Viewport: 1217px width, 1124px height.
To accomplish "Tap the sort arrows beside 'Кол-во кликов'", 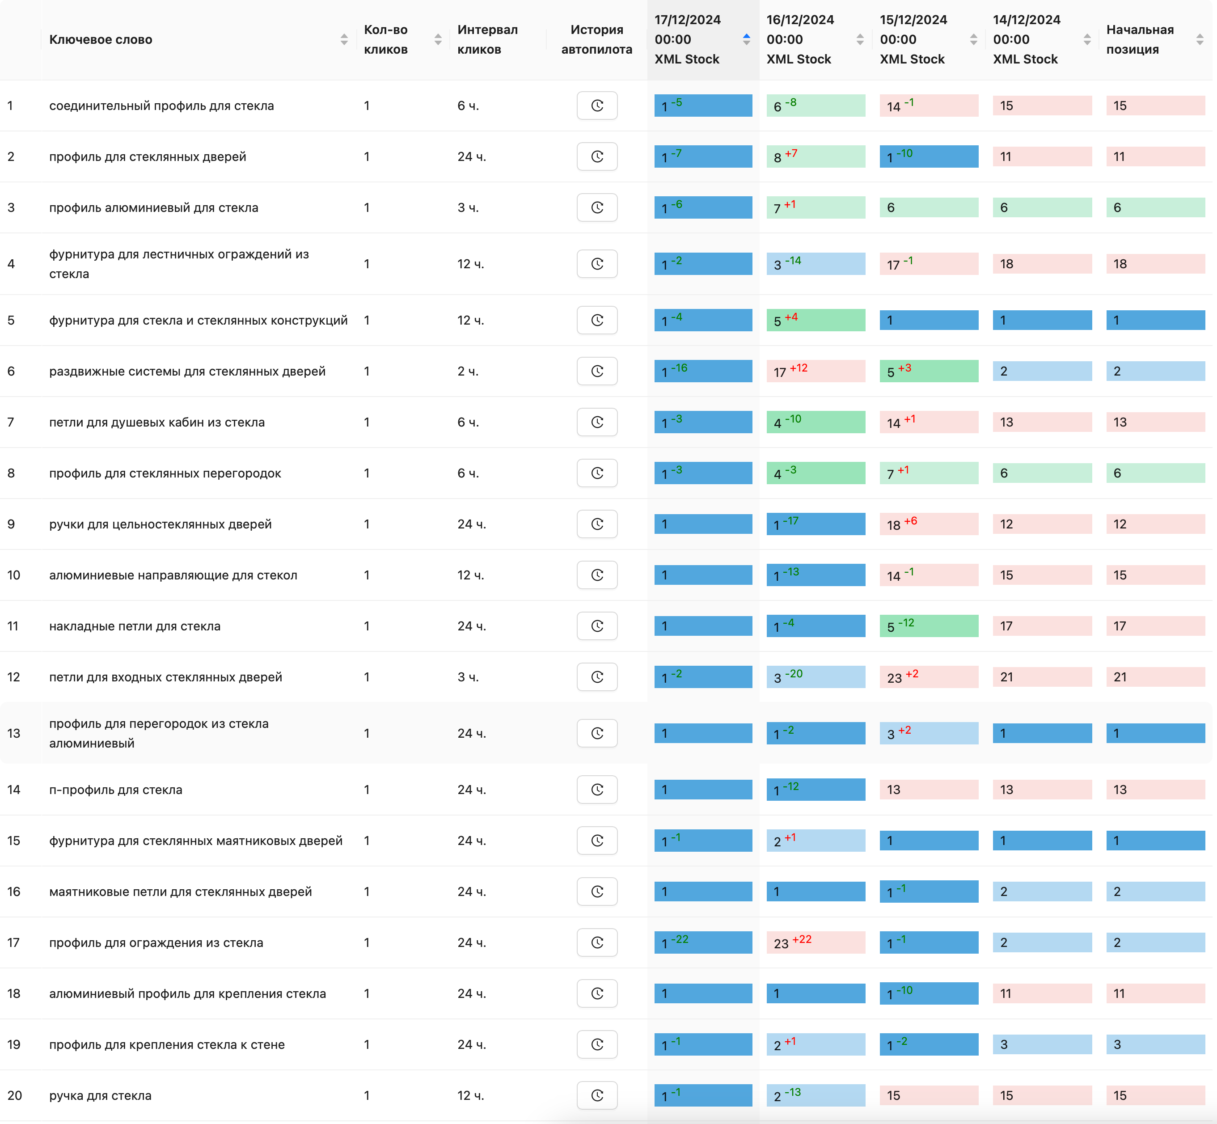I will tap(438, 39).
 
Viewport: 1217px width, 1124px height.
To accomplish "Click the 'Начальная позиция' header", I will tap(1139, 39).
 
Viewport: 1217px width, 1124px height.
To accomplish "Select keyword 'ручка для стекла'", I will tap(100, 1095).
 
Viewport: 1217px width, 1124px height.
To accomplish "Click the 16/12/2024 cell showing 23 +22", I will tap(815, 943).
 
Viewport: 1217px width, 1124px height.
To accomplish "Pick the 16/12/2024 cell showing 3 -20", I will tap(815, 677).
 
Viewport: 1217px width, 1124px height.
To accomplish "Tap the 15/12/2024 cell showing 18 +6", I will tap(928, 524).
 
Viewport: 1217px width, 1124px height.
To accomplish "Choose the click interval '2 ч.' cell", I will tap(468, 371).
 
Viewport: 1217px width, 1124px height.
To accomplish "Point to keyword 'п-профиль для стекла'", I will tap(115, 790).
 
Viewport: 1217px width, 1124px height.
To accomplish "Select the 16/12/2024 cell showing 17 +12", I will tap(815, 371).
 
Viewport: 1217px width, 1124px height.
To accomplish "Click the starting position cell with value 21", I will tap(1155, 677).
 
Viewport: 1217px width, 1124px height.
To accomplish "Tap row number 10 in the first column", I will tap(13, 575).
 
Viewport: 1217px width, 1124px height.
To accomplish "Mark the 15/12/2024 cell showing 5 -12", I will tap(928, 626).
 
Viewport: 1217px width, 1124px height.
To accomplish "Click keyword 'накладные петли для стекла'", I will tap(135, 626).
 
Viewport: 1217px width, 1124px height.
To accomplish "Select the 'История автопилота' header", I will tap(596, 39).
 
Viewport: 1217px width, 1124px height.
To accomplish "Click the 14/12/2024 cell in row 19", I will tap(1042, 1044).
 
